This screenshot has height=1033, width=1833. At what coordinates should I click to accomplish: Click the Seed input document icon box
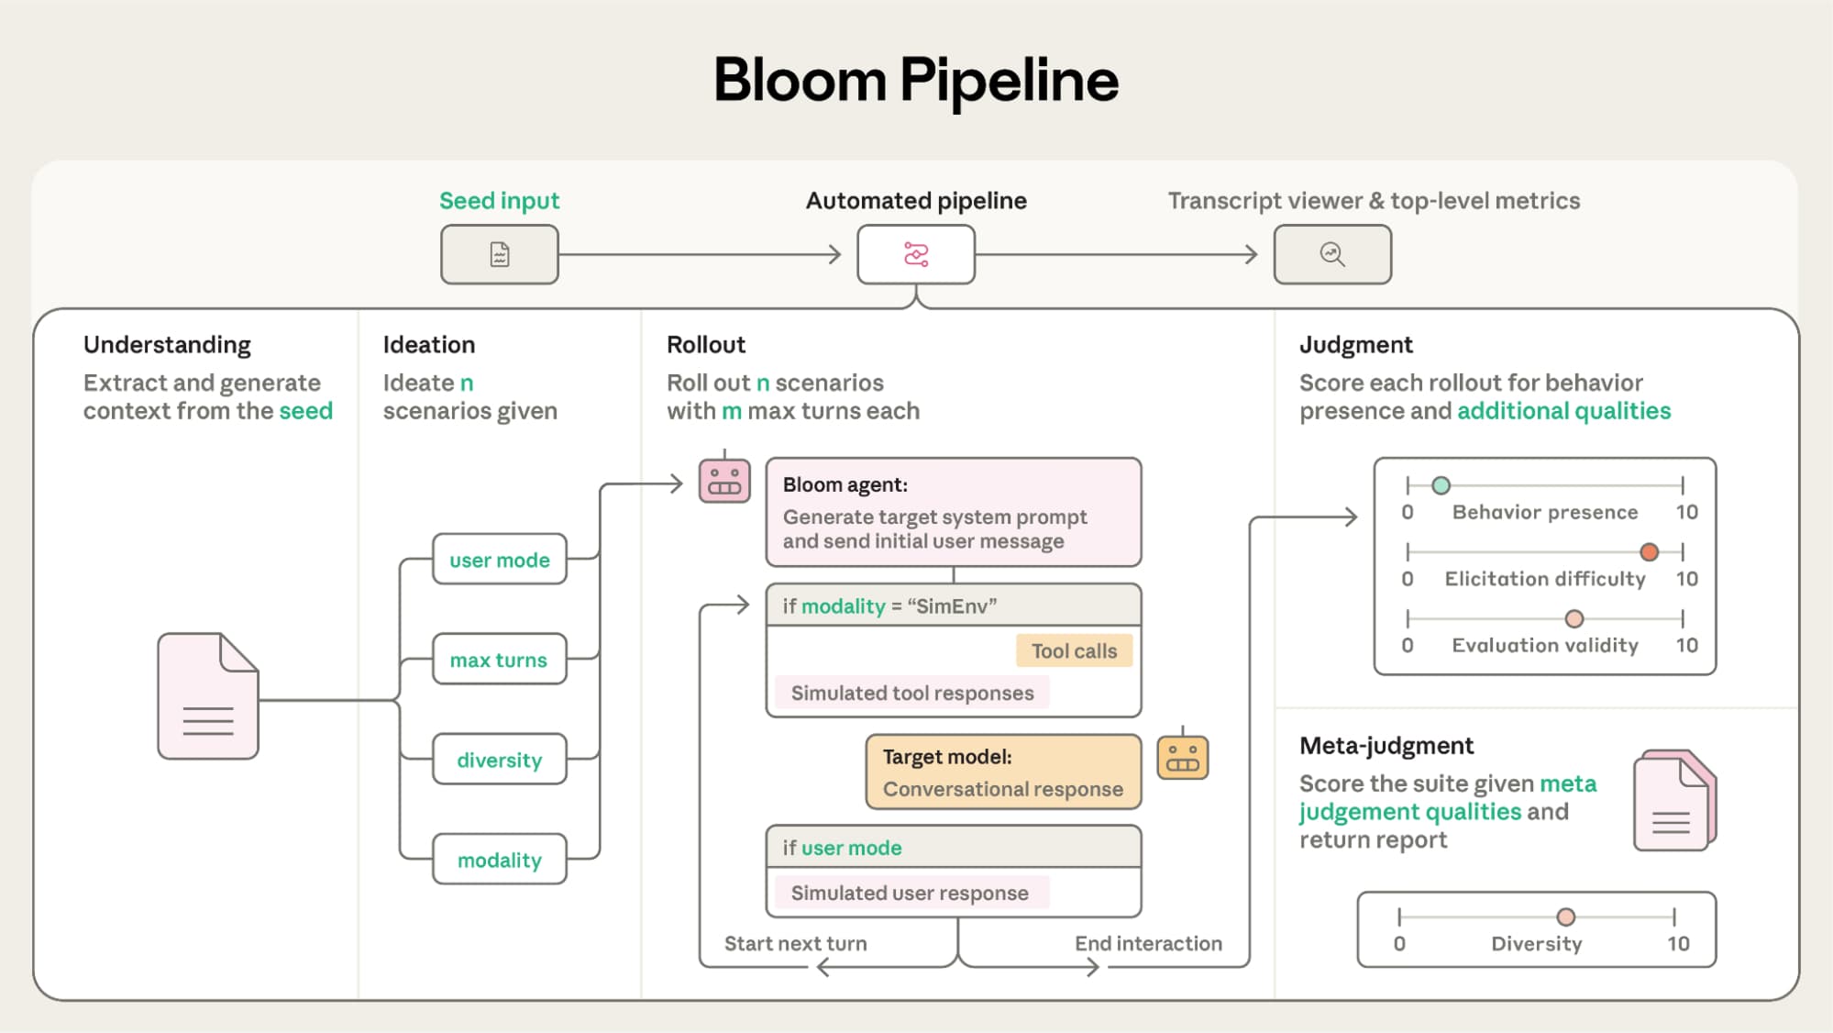(499, 254)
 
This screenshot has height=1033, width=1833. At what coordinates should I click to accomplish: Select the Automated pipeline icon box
(915, 254)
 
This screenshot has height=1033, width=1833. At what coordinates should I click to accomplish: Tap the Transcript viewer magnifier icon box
(1331, 254)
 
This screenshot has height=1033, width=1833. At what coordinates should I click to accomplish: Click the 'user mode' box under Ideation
(499, 560)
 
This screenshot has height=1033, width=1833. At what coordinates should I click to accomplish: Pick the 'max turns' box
(499, 660)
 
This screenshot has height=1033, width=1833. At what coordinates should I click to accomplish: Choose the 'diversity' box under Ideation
(499, 760)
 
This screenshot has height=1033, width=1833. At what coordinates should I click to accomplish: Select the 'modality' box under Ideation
(499, 860)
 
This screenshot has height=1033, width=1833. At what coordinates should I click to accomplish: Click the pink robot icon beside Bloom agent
(724, 480)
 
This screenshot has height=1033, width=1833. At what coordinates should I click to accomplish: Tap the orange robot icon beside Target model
(1182, 757)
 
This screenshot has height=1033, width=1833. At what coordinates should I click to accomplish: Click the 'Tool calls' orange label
(1074, 651)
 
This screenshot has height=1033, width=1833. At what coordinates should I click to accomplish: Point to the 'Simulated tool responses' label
(911, 693)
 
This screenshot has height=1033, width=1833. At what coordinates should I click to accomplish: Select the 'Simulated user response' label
(910, 893)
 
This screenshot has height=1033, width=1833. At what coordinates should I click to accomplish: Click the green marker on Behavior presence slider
(1441, 485)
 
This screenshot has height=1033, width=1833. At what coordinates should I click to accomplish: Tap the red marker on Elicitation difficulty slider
(1649, 551)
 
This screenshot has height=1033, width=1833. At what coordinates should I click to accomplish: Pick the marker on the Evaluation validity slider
(1574, 618)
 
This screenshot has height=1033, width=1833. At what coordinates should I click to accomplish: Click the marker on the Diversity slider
(1565, 916)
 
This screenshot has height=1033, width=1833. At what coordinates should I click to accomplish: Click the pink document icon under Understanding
(208, 696)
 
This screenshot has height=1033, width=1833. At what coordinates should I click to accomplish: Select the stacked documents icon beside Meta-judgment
(1673, 801)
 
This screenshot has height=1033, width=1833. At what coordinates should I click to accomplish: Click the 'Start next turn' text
(795, 943)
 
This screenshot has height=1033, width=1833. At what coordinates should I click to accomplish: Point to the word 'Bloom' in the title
(799, 80)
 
